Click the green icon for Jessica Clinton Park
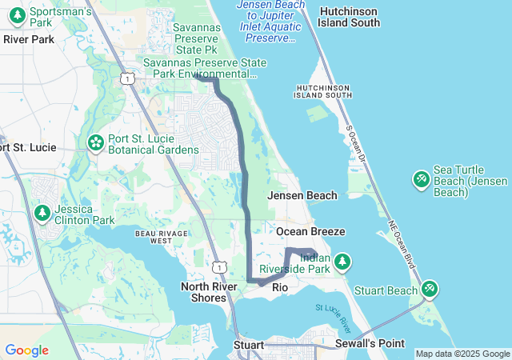tap(42, 213)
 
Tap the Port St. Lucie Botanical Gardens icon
tap(96, 142)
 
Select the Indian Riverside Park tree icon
tap(342, 261)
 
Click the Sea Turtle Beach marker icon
tap(421, 179)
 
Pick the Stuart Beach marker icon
tap(430, 288)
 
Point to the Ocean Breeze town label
tap(310, 231)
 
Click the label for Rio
tap(280, 287)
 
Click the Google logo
tap(26, 350)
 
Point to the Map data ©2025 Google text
tap(462, 354)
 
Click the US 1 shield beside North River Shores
tap(220, 266)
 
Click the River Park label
tap(29, 38)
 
